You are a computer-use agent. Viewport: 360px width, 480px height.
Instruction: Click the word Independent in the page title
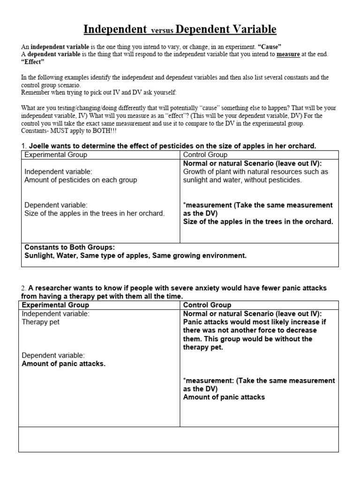coord(115,30)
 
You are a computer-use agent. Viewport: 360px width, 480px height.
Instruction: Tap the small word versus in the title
coord(162,31)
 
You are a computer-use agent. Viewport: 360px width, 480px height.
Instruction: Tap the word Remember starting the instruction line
coord(37,93)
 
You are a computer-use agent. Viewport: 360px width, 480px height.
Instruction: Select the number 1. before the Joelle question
coord(24,146)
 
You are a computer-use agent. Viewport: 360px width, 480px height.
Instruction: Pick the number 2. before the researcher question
coord(24,288)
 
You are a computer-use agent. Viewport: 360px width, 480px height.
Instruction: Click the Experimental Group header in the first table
coord(55,155)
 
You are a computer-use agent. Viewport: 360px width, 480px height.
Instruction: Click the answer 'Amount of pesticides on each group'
coord(80,180)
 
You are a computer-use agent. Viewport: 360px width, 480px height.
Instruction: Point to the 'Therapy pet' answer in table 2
coord(41,322)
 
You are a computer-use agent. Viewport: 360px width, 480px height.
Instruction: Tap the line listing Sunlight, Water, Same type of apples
coord(135,256)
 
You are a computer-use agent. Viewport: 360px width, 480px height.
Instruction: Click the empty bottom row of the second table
coord(178,439)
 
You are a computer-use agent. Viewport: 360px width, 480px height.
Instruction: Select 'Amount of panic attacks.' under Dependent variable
coord(63,364)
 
